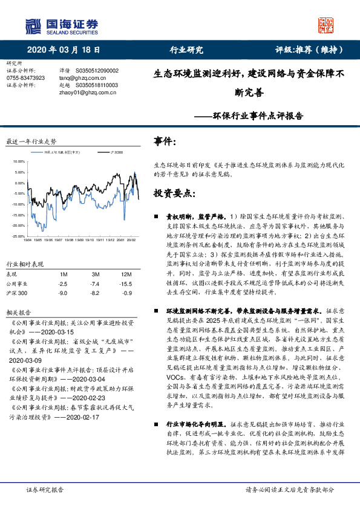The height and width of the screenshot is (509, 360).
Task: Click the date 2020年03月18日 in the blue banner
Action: tap(64, 50)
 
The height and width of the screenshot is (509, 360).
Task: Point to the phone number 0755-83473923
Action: tap(25, 78)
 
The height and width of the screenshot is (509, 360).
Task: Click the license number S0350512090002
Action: tap(97, 71)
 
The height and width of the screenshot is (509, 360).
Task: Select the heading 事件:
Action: tap(166, 142)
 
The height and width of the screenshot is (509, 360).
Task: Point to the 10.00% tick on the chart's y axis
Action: tap(18, 162)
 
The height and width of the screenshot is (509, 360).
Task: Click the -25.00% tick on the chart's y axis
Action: tap(18, 236)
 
